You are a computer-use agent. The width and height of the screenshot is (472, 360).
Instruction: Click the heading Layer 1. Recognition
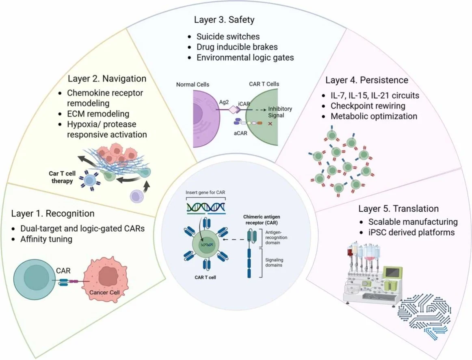(53, 213)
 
